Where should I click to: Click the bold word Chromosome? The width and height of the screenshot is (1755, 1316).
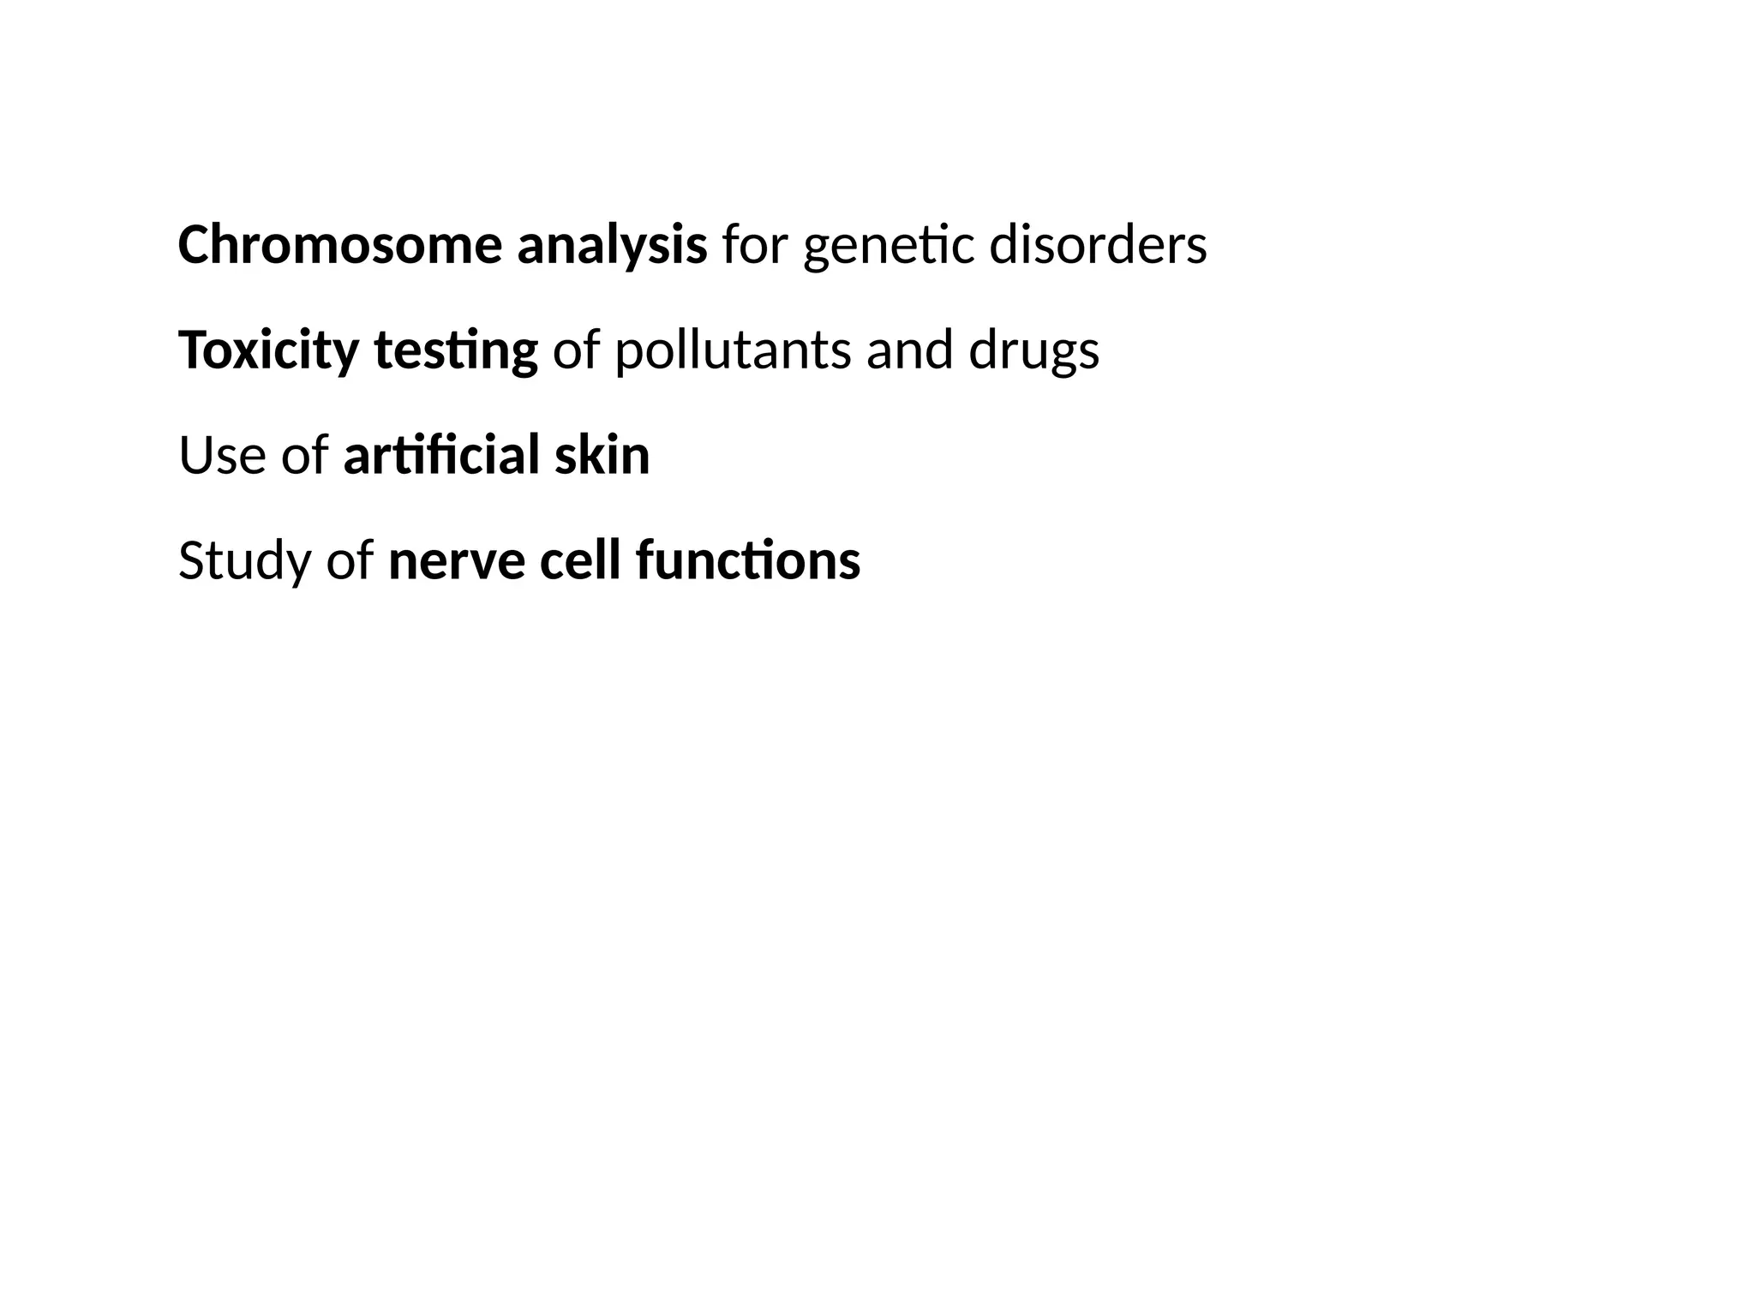[x=339, y=245]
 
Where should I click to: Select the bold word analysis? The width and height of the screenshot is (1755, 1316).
[x=612, y=247]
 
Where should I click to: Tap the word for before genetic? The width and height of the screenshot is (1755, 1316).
[x=754, y=245]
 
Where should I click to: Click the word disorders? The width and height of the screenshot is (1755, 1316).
[x=1098, y=245]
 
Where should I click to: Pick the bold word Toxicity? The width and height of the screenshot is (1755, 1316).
[x=268, y=352]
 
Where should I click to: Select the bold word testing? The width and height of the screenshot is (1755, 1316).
[x=456, y=352]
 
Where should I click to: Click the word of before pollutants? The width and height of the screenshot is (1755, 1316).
[x=576, y=350]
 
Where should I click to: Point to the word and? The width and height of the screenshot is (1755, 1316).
[x=909, y=350]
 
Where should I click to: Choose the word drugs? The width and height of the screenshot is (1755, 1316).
[x=1033, y=352]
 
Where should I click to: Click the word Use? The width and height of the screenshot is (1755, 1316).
[x=223, y=456]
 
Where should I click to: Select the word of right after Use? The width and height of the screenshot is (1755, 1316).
[x=304, y=456]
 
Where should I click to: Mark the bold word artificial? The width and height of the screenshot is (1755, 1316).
[x=441, y=456]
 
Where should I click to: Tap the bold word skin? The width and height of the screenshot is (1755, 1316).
[x=602, y=456]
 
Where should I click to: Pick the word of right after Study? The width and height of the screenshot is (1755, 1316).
[x=350, y=561]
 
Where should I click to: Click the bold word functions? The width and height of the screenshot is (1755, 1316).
[x=747, y=561]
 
